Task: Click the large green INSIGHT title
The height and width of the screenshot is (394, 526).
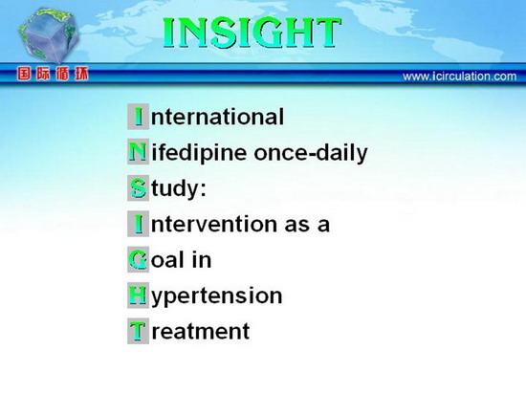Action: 252,33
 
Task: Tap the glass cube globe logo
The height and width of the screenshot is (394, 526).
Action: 49,35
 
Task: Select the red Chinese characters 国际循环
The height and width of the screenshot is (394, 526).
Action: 53,74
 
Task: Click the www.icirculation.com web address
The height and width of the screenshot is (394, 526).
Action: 460,77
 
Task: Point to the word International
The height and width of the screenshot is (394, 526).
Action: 206,117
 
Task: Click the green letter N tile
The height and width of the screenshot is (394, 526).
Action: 138,152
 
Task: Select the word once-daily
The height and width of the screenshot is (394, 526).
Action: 311,154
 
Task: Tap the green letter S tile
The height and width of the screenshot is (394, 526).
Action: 138,188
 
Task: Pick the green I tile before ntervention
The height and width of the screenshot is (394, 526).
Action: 138,224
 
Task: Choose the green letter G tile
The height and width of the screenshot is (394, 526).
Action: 138,259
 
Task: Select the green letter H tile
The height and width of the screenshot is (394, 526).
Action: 138,295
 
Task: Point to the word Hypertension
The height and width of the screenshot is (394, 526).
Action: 205,296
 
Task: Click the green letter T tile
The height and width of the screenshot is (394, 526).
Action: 138,331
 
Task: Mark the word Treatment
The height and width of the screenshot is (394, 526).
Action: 188,331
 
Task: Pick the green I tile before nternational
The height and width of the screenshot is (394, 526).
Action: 138,117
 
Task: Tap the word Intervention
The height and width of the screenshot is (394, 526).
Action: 204,224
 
